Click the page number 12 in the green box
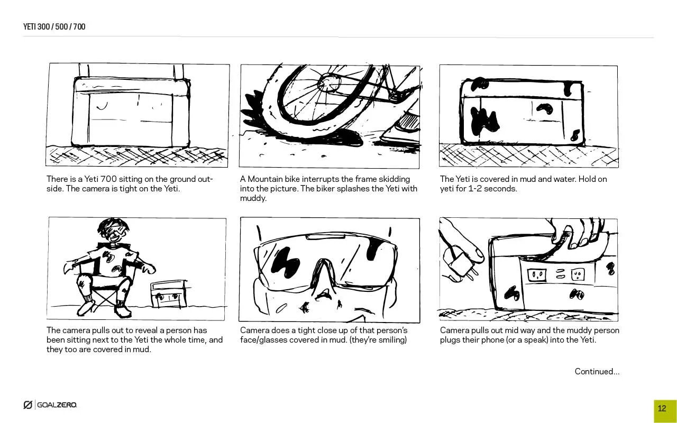click(x=662, y=409)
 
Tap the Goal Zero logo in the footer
click(x=50, y=404)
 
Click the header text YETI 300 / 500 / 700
click(x=54, y=26)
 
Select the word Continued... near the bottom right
click(x=597, y=371)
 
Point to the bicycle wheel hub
click(x=329, y=81)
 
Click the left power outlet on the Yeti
click(x=537, y=275)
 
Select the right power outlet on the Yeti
click(x=578, y=275)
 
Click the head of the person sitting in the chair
click(x=113, y=230)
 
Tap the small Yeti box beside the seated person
click(x=169, y=293)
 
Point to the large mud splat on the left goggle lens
click(x=285, y=262)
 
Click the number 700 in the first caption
click(x=108, y=179)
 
